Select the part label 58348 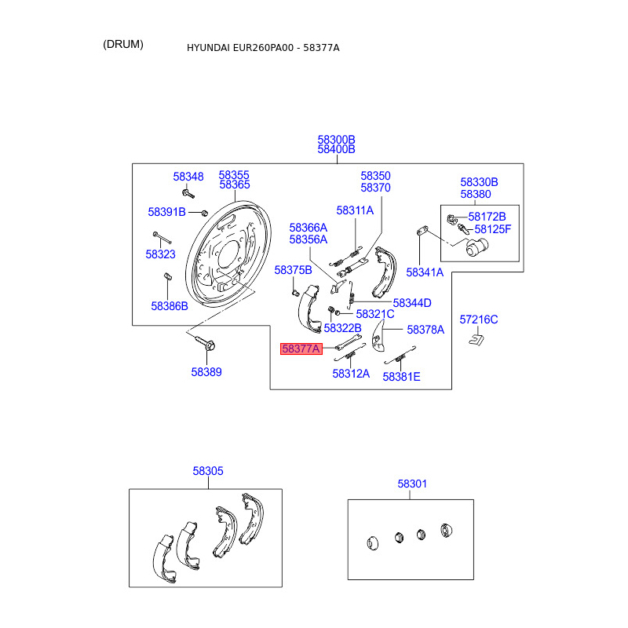point(188,177)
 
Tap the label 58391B point(166,212)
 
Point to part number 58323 point(161,254)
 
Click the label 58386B point(170,306)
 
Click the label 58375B point(293,270)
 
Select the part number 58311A point(355,210)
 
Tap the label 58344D point(412,303)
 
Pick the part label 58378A point(425,330)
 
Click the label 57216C point(479,319)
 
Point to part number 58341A point(425,272)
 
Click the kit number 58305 point(208,471)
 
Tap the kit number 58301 point(412,484)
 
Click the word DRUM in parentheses point(123,44)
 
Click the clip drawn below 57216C point(476,339)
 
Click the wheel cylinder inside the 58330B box point(476,248)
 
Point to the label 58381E point(401,376)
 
